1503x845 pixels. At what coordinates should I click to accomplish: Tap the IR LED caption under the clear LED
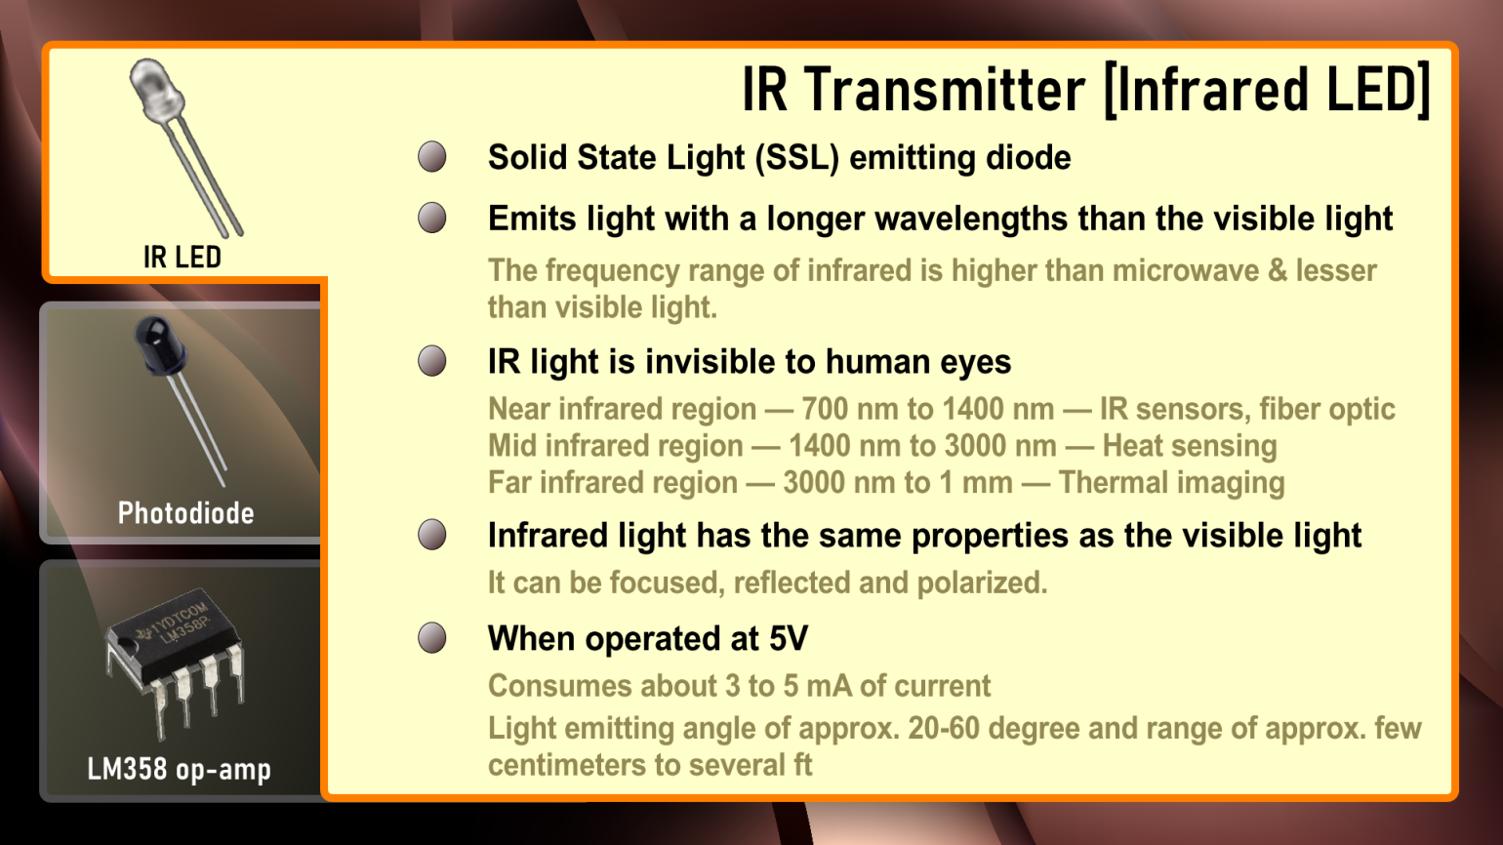[183, 258]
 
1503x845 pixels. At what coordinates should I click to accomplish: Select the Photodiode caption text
[185, 513]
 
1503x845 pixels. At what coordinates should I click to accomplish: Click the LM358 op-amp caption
[180, 770]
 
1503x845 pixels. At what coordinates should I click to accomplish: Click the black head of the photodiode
[158, 344]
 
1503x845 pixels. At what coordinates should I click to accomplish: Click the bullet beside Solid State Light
[432, 157]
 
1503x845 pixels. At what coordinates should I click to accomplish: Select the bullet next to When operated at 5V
[432, 638]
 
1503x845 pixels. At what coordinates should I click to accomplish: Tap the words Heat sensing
[1189, 446]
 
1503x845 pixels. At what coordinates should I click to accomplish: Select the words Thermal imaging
[1171, 483]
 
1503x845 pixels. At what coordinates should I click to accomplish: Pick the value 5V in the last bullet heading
[788, 639]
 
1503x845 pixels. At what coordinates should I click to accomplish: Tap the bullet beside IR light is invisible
[432, 361]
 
